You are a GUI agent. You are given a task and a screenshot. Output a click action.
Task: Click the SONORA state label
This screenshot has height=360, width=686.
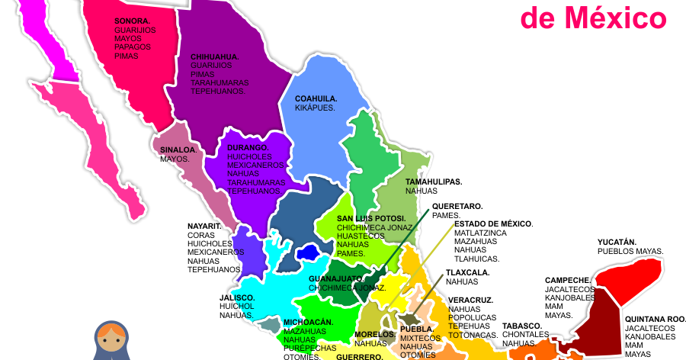pyautogui.click(x=132, y=21)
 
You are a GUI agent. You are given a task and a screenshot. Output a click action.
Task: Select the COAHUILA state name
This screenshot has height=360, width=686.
pyautogui.click(x=316, y=98)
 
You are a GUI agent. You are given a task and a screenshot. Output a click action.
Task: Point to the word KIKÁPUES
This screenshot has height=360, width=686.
pyautogui.click(x=315, y=108)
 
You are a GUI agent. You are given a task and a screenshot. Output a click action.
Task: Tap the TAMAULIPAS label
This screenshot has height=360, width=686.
pyautogui.click(x=434, y=182)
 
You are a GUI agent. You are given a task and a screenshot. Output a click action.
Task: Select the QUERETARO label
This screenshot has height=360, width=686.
pyautogui.click(x=457, y=206)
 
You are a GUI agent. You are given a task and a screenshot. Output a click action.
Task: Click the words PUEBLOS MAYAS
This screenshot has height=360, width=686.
pyautogui.click(x=630, y=251)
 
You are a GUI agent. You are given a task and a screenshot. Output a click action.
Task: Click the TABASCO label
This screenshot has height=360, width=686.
pyautogui.click(x=522, y=326)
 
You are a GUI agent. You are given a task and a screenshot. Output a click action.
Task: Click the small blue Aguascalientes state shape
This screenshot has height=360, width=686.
pyautogui.click(x=308, y=252)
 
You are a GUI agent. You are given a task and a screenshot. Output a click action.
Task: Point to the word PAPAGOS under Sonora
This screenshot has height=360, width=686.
pyautogui.click(x=133, y=46)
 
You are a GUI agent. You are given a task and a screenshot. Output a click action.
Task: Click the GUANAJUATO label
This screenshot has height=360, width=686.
pyautogui.click(x=336, y=279)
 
